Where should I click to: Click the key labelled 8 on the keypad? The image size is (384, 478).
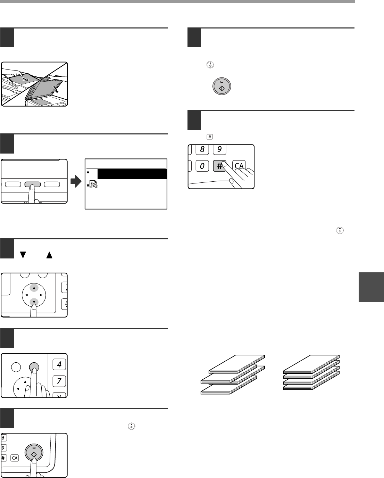202,149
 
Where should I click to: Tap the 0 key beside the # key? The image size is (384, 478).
202,166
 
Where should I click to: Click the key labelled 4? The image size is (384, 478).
59,364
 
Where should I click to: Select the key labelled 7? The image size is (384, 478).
59,381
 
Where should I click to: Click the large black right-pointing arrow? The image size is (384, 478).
76,181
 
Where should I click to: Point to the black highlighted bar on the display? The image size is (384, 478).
132,174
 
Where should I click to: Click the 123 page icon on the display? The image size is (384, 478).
93,184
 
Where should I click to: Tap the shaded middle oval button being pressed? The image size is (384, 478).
32,184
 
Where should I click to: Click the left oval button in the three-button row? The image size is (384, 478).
13,184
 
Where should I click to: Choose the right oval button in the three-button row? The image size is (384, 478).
52,184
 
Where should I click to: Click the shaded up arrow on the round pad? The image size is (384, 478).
34,288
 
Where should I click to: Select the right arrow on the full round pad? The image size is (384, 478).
41,295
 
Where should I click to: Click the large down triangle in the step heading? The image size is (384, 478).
23,255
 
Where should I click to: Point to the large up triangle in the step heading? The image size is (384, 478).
49,255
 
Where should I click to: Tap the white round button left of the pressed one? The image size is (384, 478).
16,367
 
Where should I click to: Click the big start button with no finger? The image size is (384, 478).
222,86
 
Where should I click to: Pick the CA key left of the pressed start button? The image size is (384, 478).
15,458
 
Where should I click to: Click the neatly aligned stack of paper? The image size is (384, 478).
311,372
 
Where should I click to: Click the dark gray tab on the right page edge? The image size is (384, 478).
372,287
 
